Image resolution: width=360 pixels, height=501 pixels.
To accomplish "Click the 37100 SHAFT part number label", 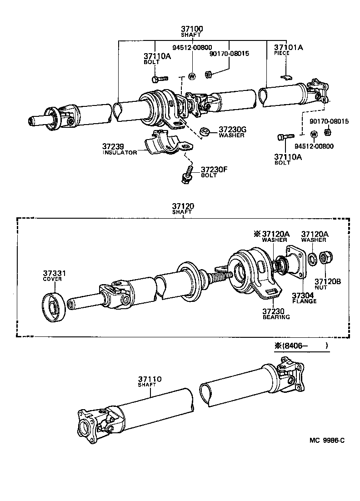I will [192, 31].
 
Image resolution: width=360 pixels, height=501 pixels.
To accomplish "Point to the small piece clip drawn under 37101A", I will [285, 76].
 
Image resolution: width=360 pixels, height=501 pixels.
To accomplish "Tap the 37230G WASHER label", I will [232, 131].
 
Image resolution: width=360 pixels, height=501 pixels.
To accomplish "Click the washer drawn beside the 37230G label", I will [205, 132].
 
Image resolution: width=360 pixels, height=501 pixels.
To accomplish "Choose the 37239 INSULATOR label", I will [120, 149].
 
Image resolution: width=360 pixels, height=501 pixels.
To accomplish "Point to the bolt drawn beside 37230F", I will [186, 174].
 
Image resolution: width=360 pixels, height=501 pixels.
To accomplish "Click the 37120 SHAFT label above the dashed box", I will [183, 209].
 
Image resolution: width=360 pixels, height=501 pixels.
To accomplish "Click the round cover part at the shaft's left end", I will [55, 308].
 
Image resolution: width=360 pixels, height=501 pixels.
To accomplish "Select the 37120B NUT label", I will [327, 284].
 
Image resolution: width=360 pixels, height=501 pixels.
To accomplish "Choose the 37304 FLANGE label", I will [304, 297].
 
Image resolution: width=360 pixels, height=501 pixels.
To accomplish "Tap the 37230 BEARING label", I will [276, 314].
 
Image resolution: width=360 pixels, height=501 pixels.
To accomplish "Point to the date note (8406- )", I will [301, 346].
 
